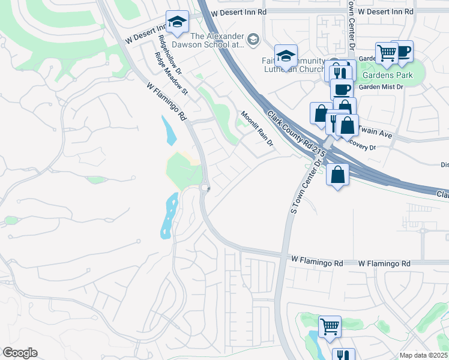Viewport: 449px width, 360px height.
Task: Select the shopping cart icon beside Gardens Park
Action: pos(387,53)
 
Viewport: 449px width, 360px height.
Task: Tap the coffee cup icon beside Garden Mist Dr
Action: pos(342,89)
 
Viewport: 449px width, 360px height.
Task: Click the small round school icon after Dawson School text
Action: pos(253,40)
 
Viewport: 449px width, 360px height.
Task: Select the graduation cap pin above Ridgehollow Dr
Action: pos(177,23)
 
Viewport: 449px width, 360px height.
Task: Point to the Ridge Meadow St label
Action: pos(172,74)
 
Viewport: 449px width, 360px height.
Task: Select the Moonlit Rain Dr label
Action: pos(257,128)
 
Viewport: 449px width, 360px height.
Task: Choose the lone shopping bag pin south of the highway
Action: pos(338,175)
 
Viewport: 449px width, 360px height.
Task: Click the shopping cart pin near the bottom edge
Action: pos(330,327)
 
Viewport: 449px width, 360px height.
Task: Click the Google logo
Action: pos(20,353)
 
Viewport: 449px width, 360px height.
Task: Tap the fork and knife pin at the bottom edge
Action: pos(343,355)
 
